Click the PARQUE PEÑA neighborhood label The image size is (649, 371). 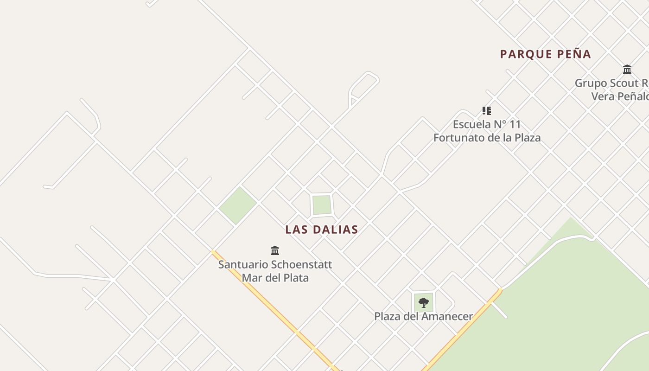pos(545,54)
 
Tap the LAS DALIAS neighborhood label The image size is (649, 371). pos(322,230)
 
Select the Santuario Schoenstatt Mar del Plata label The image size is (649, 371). pos(275,271)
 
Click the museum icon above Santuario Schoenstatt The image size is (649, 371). pos(275,251)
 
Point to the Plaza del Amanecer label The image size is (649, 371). pos(423,317)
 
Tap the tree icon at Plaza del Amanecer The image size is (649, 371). pos(423,303)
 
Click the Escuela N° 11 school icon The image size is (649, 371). pos(487,111)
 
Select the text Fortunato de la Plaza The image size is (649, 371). pos(487,138)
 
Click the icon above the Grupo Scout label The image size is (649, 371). pos(627,70)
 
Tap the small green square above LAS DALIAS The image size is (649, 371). pos(322,205)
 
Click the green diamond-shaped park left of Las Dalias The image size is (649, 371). pos(237,205)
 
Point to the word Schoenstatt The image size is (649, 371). pos(301,265)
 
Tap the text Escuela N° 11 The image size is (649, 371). pos(487,124)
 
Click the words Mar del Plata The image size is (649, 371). pos(275,278)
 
